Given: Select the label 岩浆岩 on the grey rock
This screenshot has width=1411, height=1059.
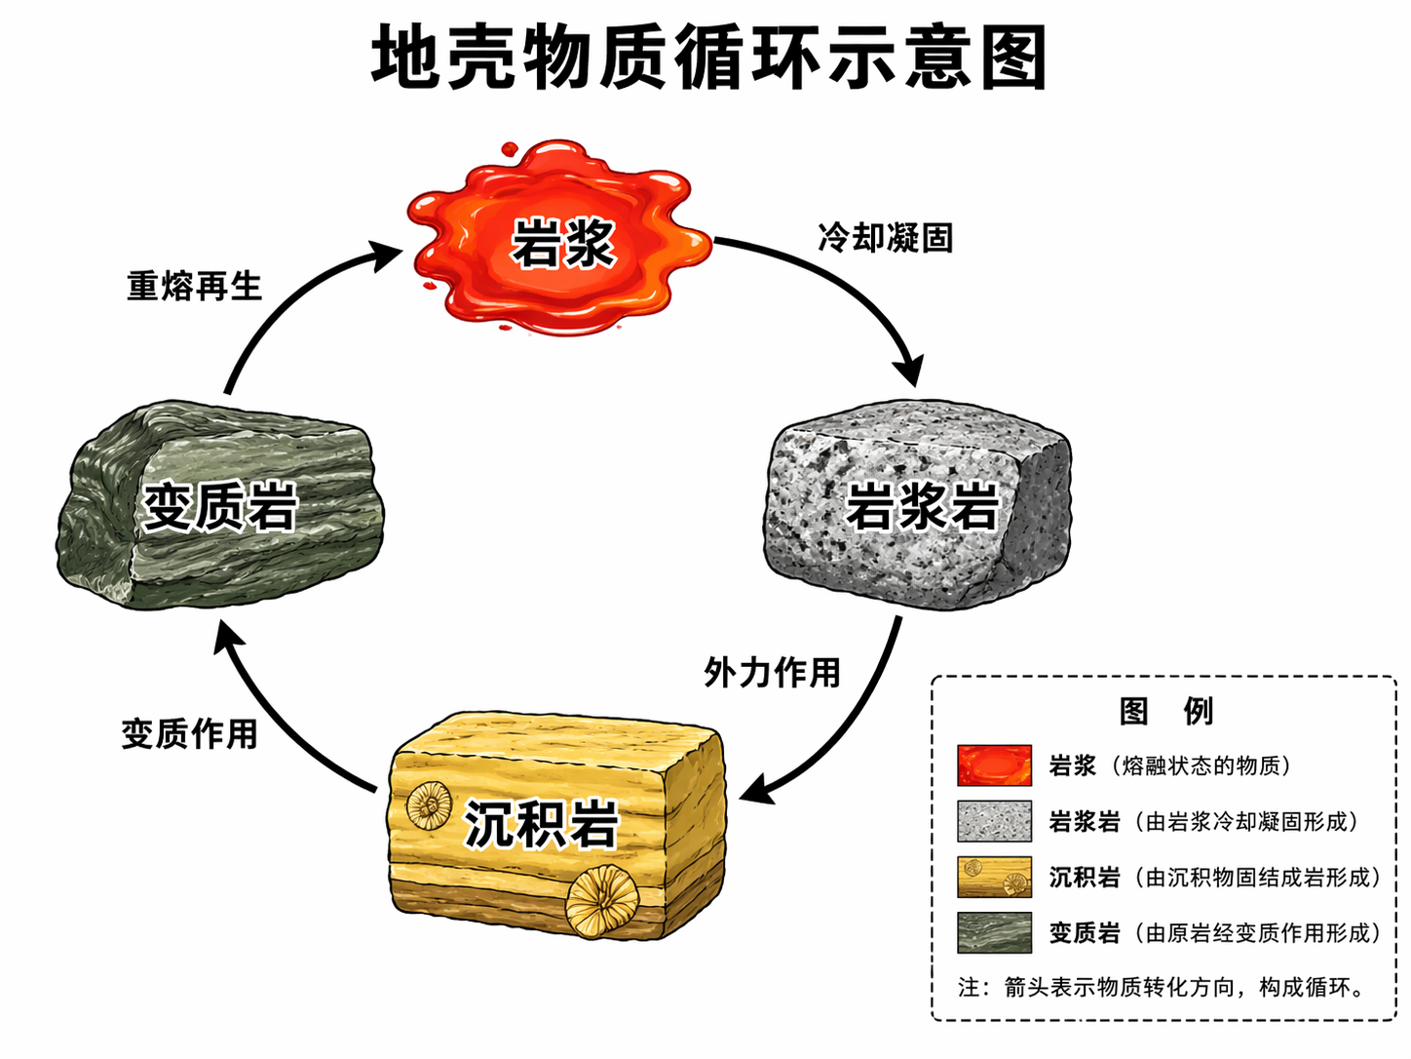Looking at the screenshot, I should click(922, 505).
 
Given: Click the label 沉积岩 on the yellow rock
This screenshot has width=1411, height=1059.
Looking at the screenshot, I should click(542, 824).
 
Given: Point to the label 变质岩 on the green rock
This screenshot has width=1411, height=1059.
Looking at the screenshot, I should click(220, 506).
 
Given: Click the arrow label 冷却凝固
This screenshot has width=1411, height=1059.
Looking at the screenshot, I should click(885, 237).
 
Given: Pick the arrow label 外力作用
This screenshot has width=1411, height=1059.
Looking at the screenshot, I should click(772, 672).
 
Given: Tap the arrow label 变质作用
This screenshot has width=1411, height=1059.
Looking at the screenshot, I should click(190, 733).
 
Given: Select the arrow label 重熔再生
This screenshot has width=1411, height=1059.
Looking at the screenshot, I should click(195, 286).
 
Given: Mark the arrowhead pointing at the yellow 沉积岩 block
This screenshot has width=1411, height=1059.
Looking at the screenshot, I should click(757, 790).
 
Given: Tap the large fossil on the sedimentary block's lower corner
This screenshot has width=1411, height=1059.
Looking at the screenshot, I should click(602, 902).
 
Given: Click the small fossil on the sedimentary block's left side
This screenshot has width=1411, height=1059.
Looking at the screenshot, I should click(429, 805).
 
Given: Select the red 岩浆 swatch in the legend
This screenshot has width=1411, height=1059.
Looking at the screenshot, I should click(994, 765).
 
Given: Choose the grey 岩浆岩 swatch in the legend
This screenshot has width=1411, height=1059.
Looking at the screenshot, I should click(994, 821).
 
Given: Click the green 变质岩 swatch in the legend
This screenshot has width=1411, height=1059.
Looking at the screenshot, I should click(994, 932).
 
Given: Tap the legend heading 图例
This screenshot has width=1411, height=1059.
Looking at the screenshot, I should click(1165, 711).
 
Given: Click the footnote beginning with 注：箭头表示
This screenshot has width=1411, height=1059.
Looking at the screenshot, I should click(1163, 987).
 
